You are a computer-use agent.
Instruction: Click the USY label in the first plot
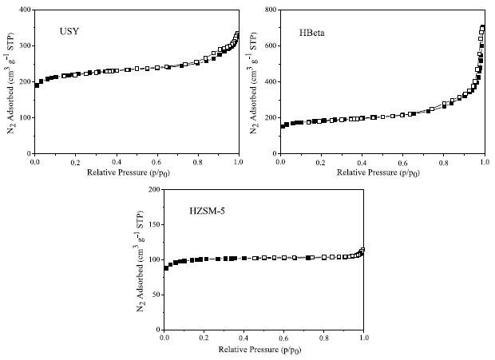tap(68, 31)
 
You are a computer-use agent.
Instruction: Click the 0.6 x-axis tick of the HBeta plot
tap(402, 161)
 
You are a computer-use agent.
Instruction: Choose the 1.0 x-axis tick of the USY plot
tap(238, 161)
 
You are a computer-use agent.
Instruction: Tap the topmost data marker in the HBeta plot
tap(482, 28)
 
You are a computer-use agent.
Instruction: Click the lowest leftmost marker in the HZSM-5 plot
tap(166, 268)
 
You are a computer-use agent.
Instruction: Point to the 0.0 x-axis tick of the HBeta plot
tap(280, 161)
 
